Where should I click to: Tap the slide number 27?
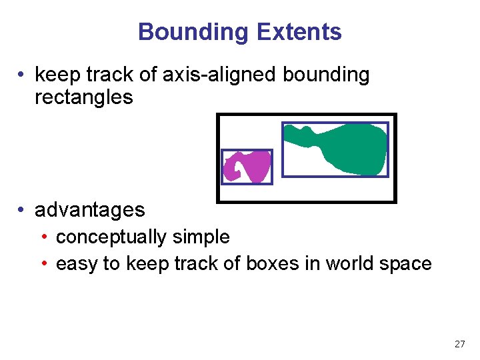(459, 344)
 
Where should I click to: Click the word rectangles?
(84, 97)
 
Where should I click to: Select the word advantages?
(89, 209)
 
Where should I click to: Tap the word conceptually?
(111, 237)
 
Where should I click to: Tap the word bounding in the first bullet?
(326, 75)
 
